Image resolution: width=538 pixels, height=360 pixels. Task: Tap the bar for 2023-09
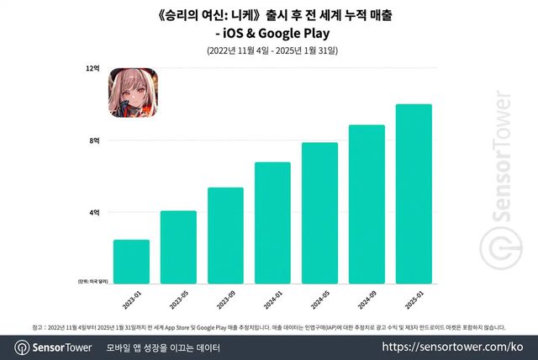pyautogui.click(x=225, y=236)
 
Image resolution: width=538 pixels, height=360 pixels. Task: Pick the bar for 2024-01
pyautogui.click(x=272, y=223)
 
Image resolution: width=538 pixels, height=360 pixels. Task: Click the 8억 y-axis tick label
pyautogui.click(x=94, y=140)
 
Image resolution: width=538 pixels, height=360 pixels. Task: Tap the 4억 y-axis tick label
pyautogui.click(x=94, y=213)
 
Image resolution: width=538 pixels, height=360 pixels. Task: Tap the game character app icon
pyautogui.click(x=130, y=93)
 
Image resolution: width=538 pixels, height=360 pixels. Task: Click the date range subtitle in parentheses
pyautogui.click(x=268, y=51)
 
